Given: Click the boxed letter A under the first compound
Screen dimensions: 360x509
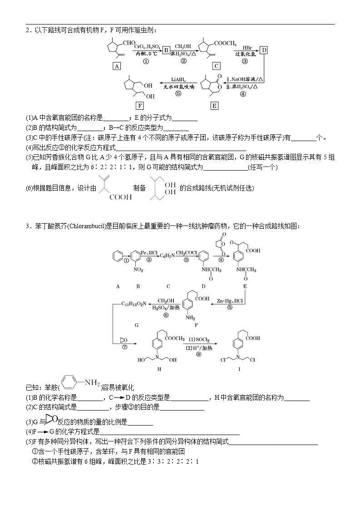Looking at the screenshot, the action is pos(117,66).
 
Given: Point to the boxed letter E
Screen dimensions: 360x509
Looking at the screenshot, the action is pos(215,106).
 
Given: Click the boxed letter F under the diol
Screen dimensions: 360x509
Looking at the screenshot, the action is pos(140,106).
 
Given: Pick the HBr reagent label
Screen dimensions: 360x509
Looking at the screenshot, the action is pos(247,47).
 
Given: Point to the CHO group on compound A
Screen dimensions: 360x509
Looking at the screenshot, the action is pos(129,43).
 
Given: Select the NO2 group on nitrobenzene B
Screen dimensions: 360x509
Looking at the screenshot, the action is pos(138,270).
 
